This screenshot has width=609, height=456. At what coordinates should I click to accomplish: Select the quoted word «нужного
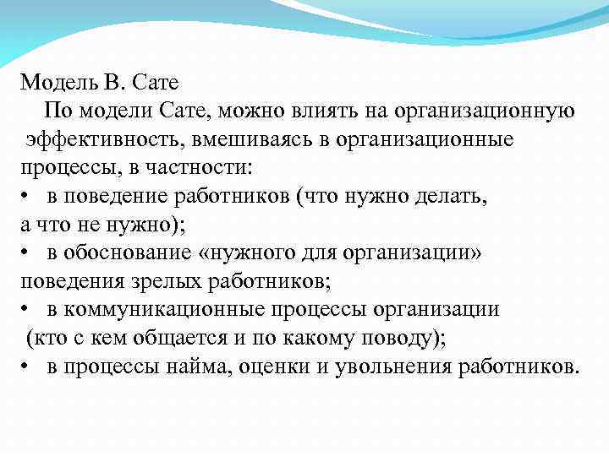pyautogui.click(x=255, y=252)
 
